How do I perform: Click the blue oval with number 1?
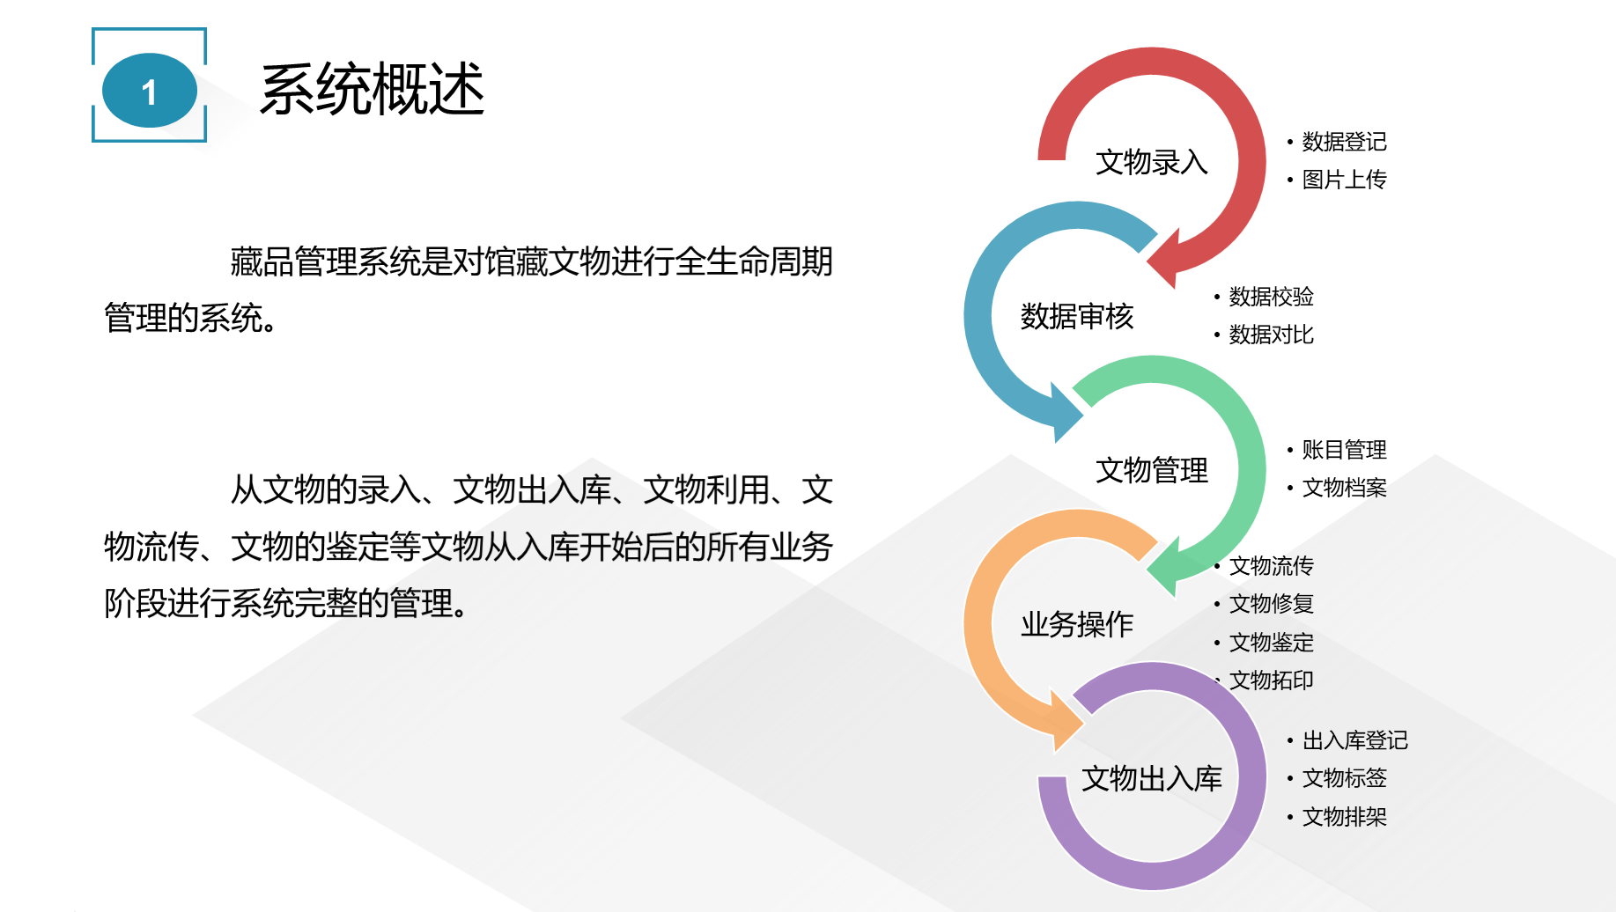tap(150, 91)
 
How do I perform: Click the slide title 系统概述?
tap(373, 89)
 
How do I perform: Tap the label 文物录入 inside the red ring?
tap(1152, 162)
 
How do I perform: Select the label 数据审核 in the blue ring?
tap(1077, 316)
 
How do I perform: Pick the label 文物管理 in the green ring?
tap(1152, 470)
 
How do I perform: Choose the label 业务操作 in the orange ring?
tap(1077, 624)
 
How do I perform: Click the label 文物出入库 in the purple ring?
tap(1152, 778)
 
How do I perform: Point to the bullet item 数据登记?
tap(1344, 142)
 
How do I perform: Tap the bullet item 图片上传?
tap(1344, 180)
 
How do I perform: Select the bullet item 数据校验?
tap(1271, 297)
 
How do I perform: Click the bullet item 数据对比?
tap(1271, 335)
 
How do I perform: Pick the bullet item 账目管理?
tap(1344, 450)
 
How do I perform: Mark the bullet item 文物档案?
tap(1344, 488)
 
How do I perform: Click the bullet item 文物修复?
tap(1271, 604)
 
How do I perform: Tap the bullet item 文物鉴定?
tap(1271, 643)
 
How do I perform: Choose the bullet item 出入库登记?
tap(1354, 740)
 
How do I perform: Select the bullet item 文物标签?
tap(1344, 778)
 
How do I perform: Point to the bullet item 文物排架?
tap(1344, 817)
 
